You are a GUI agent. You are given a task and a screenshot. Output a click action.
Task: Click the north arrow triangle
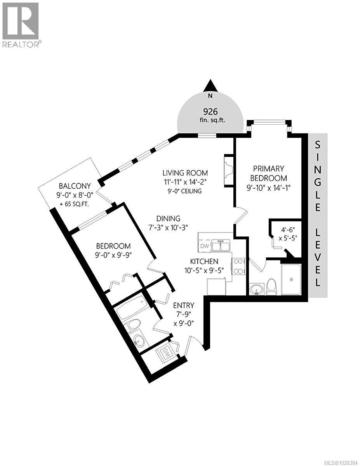tap(210, 85)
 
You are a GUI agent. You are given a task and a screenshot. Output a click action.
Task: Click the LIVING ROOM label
tap(185, 173)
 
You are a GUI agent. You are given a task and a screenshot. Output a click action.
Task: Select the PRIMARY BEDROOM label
tap(269, 173)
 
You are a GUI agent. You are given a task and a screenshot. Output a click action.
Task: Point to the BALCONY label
tap(75, 186)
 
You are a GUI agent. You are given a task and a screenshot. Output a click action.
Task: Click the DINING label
tap(168, 219)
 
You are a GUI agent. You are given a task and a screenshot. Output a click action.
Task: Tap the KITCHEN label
tap(204, 261)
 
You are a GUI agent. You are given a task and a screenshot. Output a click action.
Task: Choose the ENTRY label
tap(184, 306)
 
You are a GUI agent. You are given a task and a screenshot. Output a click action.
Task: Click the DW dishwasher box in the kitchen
tap(204, 246)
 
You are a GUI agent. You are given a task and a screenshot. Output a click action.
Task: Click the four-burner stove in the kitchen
tap(238, 266)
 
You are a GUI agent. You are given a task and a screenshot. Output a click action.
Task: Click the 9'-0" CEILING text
tap(185, 191)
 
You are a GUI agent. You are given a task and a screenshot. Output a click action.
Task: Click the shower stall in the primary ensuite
tap(291, 279)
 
